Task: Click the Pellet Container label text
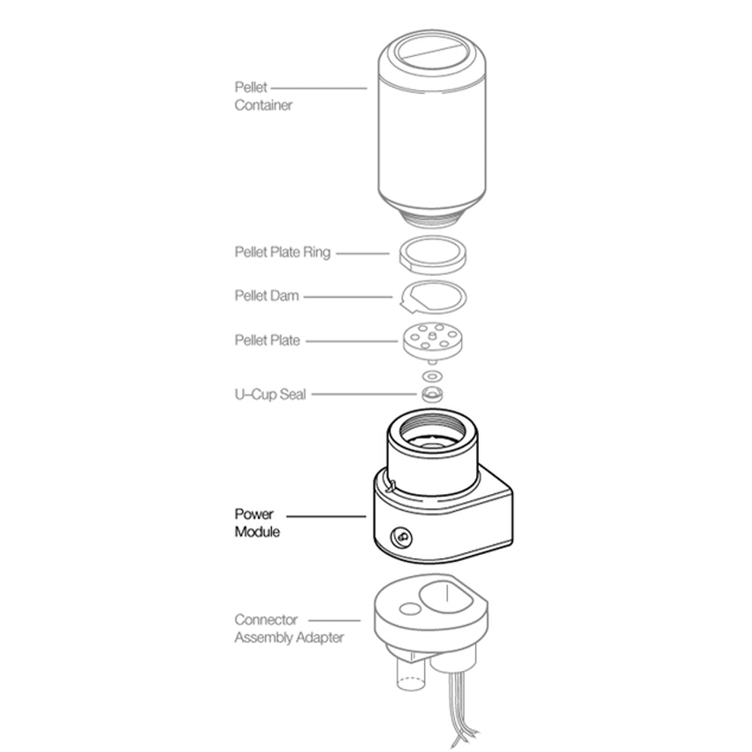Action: (262, 97)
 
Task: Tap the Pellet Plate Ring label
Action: (282, 253)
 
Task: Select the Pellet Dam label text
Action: (266, 296)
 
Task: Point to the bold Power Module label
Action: (257, 523)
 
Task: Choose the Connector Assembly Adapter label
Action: (289, 629)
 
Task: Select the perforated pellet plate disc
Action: (431, 339)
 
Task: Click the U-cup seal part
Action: (431, 394)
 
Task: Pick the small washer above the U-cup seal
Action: (432, 374)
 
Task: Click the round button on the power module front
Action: (402, 537)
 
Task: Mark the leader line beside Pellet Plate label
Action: (351, 341)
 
